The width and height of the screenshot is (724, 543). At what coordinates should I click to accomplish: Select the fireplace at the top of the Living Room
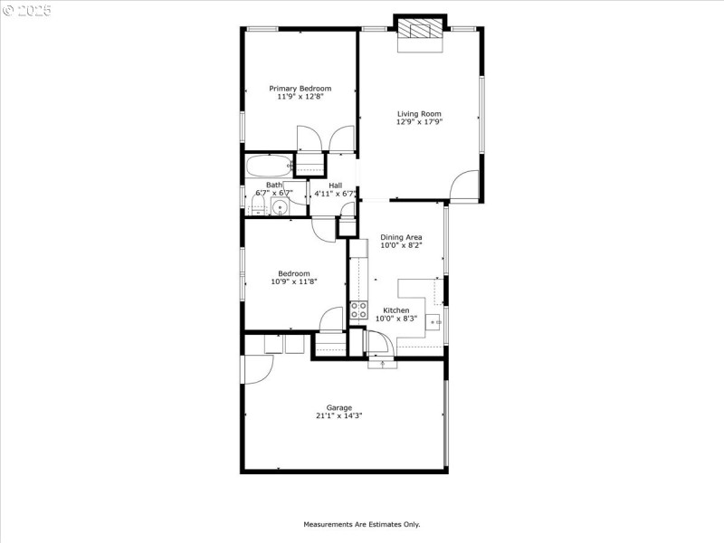[421, 29]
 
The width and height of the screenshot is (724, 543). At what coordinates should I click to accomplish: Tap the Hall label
[335, 186]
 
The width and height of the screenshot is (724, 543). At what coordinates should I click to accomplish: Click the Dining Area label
[401, 237]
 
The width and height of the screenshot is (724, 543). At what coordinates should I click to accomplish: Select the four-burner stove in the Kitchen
[358, 310]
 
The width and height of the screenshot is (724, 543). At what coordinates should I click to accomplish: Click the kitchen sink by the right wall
[433, 321]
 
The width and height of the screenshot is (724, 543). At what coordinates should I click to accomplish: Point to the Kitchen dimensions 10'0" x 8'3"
[396, 319]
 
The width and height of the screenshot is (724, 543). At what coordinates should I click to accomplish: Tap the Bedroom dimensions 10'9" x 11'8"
[294, 281]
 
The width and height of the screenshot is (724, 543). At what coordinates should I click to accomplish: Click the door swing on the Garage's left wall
[257, 369]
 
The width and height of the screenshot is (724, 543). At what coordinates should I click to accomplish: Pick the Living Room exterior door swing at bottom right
[465, 185]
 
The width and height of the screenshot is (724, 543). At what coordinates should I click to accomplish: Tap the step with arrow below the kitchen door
[382, 364]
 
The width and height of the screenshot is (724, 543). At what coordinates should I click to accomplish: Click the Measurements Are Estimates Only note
[361, 524]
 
